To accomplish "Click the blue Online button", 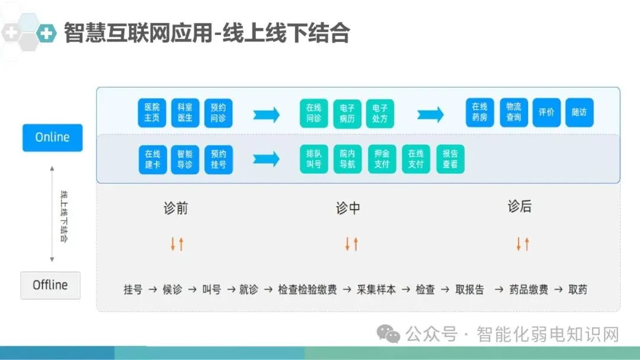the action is click(x=52, y=137).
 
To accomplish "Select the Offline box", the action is click(x=50, y=285).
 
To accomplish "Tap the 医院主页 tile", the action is click(x=152, y=112).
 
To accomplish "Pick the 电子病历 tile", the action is click(x=347, y=113).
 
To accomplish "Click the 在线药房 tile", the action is click(x=479, y=112).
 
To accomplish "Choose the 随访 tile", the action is click(x=579, y=112).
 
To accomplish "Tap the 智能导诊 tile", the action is click(x=185, y=159).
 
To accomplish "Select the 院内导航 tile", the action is click(x=347, y=159).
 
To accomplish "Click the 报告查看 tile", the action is click(x=450, y=159).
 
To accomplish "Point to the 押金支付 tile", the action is click(x=382, y=159).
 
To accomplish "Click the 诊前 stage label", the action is click(x=175, y=208).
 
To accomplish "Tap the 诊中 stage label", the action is click(x=348, y=208).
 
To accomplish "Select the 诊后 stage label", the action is click(x=520, y=207).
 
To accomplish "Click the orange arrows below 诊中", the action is click(x=351, y=243).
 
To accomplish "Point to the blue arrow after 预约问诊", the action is click(x=266, y=114).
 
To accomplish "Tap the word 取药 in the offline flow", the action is click(x=578, y=290).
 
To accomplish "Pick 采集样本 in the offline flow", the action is click(x=376, y=290).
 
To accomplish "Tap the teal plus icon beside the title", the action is click(x=46, y=34).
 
